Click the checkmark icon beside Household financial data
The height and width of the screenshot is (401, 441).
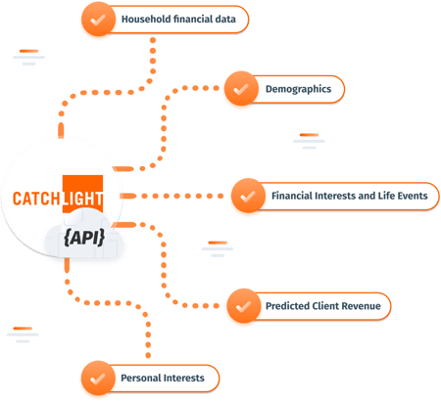96,20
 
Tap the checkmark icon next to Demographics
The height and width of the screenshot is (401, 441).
239,90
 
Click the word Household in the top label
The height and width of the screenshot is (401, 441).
145,20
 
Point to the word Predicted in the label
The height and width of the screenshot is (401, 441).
288,306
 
